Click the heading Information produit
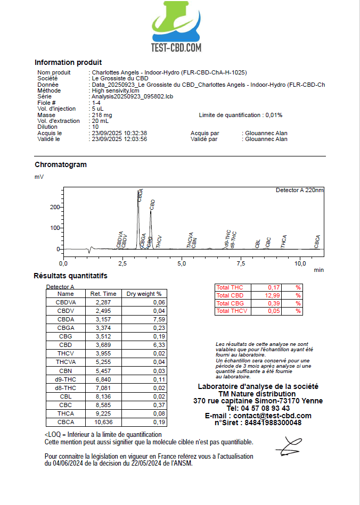68,62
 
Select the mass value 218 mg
102,115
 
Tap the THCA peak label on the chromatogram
284,242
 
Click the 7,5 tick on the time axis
241,263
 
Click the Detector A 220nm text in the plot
299,190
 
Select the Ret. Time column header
103,294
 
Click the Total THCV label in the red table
232,311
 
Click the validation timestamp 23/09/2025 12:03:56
119,139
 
